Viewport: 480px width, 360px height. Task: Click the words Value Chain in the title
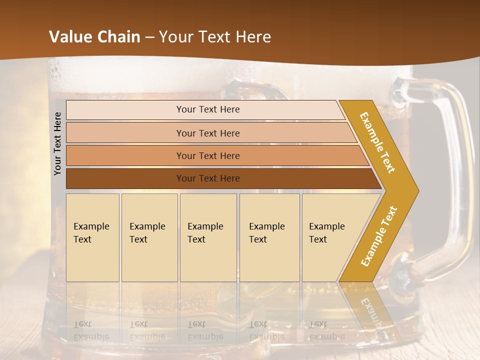(94, 37)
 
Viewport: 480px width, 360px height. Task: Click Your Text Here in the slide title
(215, 37)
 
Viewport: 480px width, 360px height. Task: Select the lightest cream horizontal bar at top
(125, 110)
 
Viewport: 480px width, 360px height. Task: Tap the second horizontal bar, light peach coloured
(125, 133)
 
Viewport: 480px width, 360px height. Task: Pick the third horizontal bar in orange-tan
(125, 155)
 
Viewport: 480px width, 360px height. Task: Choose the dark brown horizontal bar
(125, 178)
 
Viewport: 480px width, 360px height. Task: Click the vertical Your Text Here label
(57, 143)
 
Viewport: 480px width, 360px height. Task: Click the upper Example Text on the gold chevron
(377, 142)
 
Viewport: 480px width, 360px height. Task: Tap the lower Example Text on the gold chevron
(379, 236)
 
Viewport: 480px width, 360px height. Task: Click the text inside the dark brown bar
(208, 178)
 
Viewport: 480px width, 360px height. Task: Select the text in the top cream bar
(208, 109)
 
